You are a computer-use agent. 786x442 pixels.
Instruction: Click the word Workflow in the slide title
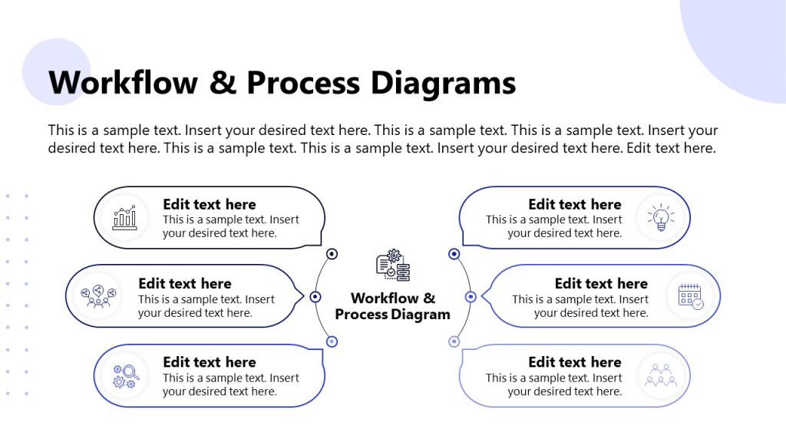point(123,83)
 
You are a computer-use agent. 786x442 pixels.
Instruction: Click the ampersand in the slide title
point(223,83)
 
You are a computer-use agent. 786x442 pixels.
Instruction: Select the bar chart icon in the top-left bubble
point(124,217)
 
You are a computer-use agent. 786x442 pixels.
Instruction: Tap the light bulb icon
point(660,217)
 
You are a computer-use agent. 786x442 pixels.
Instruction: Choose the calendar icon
point(690,296)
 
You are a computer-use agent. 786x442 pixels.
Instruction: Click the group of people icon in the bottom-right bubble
point(660,375)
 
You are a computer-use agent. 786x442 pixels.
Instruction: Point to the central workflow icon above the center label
point(393,266)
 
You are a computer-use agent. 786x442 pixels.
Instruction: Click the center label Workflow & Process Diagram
point(393,306)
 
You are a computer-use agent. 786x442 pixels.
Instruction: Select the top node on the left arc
point(332,254)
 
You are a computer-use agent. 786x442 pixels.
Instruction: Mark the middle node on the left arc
point(315,296)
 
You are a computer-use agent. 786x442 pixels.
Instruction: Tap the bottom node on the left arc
point(332,341)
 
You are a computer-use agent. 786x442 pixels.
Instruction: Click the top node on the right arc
point(454,254)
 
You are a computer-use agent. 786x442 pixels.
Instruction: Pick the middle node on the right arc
point(471,296)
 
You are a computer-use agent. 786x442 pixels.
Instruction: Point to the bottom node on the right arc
point(454,341)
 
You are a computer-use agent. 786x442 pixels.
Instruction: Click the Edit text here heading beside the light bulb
point(574,205)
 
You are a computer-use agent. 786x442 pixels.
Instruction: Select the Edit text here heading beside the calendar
point(601,284)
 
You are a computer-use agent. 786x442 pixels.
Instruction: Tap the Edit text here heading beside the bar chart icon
point(210,205)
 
